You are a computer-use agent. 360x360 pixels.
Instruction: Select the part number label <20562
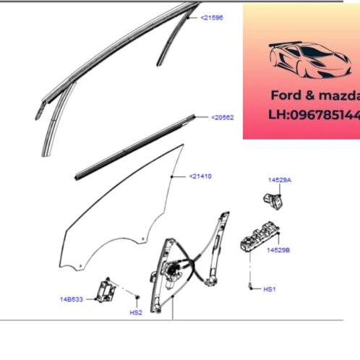click(x=223, y=116)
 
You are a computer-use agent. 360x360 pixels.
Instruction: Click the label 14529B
click(x=277, y=250)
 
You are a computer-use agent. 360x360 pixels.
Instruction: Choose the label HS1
click(x=270, y=289)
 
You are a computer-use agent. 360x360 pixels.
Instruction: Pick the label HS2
click(x=136, y=312)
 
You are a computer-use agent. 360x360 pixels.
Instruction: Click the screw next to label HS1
click(x=250, y=288)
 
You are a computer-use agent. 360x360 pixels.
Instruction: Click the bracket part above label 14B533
click(x=108, y=288)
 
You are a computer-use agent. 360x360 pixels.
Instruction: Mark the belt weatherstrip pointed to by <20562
click(x=137, y=145)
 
